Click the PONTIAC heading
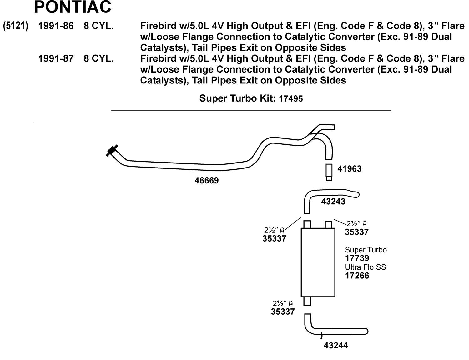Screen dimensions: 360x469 (72, 7)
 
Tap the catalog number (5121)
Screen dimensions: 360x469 (15, 26)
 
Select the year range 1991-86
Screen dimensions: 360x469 (56, 26)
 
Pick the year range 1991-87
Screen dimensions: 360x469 (56, 58)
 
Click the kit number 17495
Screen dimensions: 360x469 (291, 99)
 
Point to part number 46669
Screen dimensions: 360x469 (206, 181)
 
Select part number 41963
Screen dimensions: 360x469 (349, 169)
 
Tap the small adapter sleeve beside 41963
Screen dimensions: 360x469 (329, 172)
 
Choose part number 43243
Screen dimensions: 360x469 (333, 202)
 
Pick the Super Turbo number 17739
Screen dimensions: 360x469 (357, 258)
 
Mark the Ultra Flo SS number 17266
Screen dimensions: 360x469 (357, 276)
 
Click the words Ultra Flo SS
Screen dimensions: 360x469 (365, 267)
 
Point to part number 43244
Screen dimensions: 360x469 (336, 346)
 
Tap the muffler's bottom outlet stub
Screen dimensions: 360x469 (307, 301)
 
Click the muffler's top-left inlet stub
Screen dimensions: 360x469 (307, 224)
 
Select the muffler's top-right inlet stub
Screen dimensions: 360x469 (328, 224)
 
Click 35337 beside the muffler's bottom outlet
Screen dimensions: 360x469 (283, 312)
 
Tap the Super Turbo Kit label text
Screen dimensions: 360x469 (237, 98)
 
